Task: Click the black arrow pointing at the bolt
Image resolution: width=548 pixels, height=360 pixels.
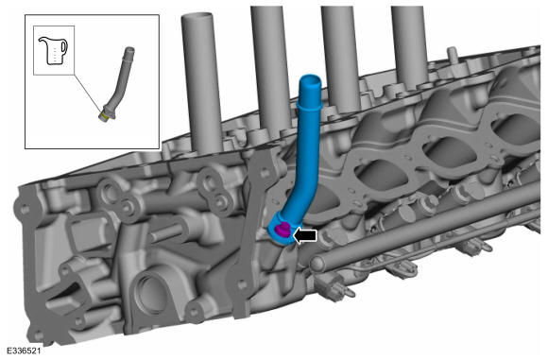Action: [305, 235]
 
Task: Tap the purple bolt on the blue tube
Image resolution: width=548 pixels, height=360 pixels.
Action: [283, 229]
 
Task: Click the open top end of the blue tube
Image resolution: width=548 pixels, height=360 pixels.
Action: [310, 80]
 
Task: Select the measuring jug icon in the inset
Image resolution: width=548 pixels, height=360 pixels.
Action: [53, 50]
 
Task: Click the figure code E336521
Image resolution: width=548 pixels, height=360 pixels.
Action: [24, 351]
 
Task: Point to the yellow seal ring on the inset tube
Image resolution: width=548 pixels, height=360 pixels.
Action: [103, 116]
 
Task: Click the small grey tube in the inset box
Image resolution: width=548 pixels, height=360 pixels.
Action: [116, 84]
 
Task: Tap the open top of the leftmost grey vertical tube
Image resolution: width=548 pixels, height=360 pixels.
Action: [197, 17]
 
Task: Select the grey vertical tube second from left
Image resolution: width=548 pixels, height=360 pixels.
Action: [271, 70]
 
